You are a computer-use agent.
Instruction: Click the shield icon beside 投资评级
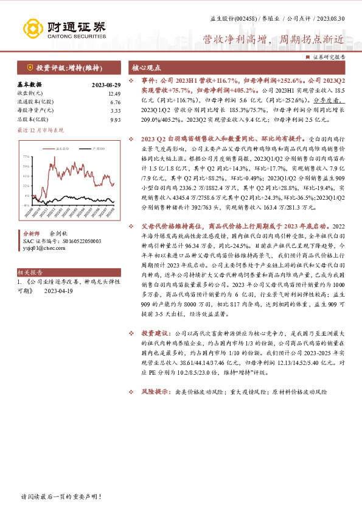29,67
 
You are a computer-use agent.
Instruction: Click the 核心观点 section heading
145,67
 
